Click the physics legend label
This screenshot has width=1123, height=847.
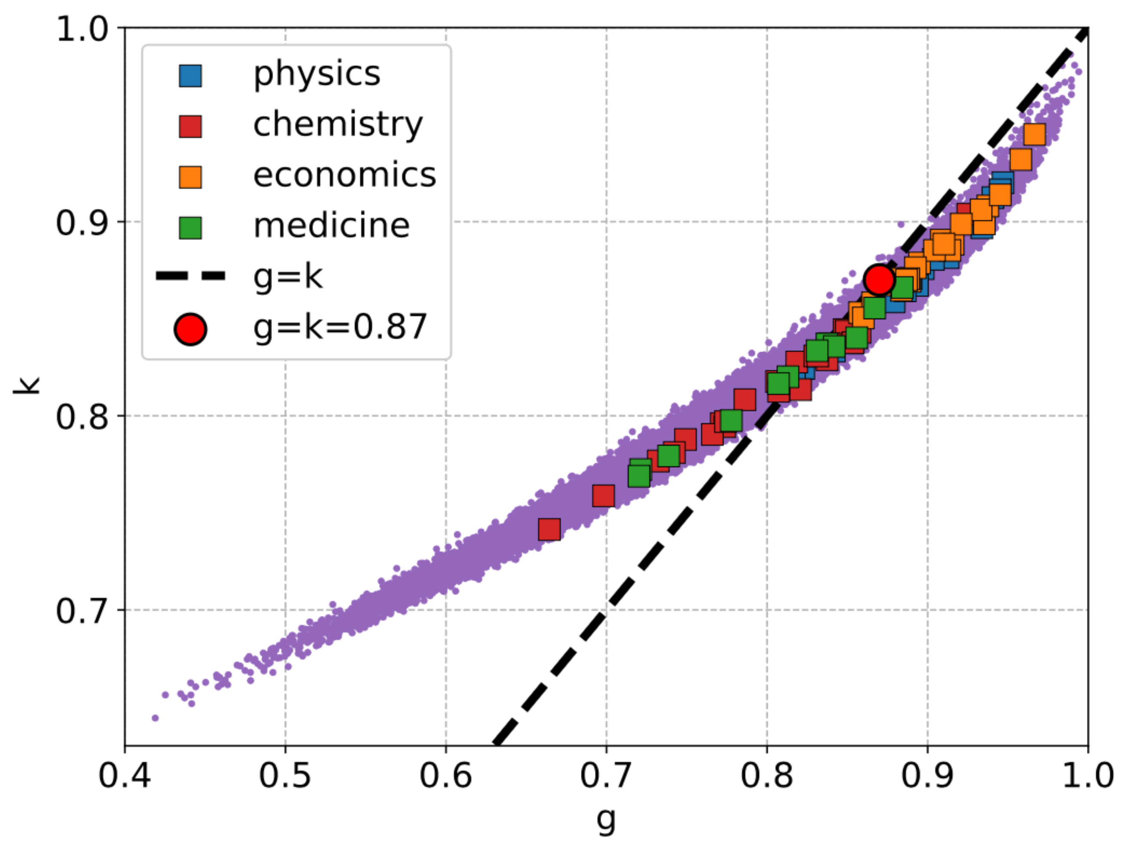pos(317,74)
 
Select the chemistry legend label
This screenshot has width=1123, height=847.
pos(338,125)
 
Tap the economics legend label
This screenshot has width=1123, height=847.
pos(345,176)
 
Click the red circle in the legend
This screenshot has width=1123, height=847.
pos(190,329)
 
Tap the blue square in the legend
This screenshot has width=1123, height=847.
pos(190,76)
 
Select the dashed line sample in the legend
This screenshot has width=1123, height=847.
pos(190,276)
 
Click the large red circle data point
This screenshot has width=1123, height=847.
pos(879,279)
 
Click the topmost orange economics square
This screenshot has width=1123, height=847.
pos(1035,135)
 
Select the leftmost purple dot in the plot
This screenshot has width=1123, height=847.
pos(156,718)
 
